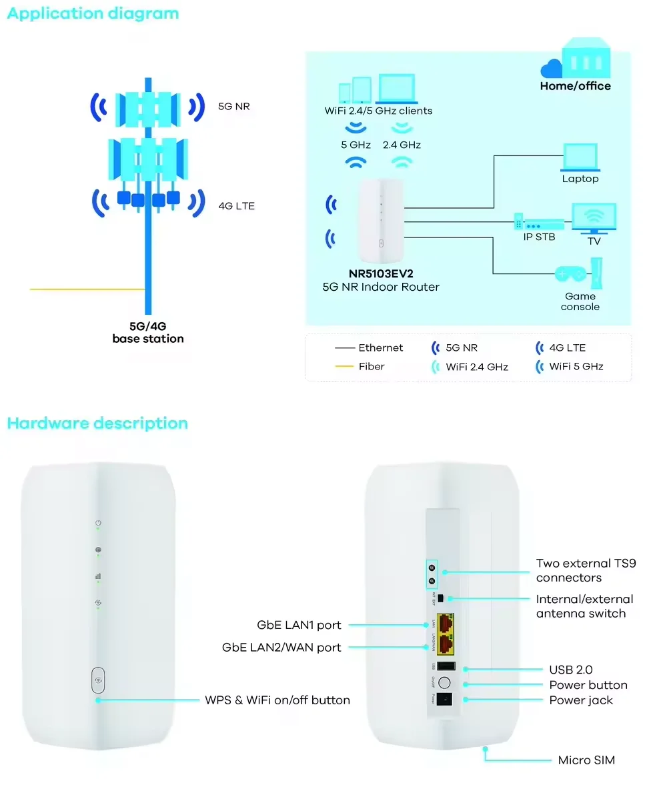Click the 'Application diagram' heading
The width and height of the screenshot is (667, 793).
tap(93, 13)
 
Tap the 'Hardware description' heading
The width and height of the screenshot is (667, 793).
tap(97, 424)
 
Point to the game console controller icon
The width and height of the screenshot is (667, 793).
tap(571, 273)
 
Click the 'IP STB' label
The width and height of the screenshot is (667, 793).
tap(539, 237)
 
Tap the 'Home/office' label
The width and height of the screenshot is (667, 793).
tap(575, 86)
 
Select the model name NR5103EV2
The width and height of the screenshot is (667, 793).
tap(380, 273)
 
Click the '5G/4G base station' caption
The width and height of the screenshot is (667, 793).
tap(147, 333)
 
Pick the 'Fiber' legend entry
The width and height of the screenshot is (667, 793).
tap(372, 366)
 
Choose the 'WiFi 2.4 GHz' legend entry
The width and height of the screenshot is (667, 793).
tap(477, 366)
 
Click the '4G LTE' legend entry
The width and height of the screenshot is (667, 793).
tap(566, 347)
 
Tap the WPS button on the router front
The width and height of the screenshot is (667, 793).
tap(98, 680)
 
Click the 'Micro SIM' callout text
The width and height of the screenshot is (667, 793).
tap(586, 760)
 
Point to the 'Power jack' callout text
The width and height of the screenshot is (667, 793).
tap(580, 700)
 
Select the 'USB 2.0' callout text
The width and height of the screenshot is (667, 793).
tap(570, 670)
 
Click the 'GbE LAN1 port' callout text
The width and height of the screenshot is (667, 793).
tap(299, 625)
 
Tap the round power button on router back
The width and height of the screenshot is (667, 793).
tap(444, 683)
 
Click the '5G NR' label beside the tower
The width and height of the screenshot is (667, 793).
tap(233, 105)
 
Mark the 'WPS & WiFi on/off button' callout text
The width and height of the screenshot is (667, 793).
tap(277, 700)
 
